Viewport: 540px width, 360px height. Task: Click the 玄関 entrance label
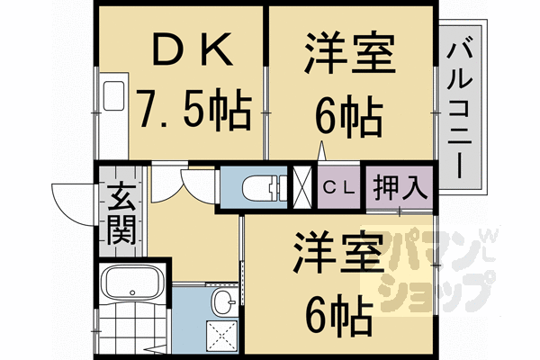(x=121, y=214)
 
